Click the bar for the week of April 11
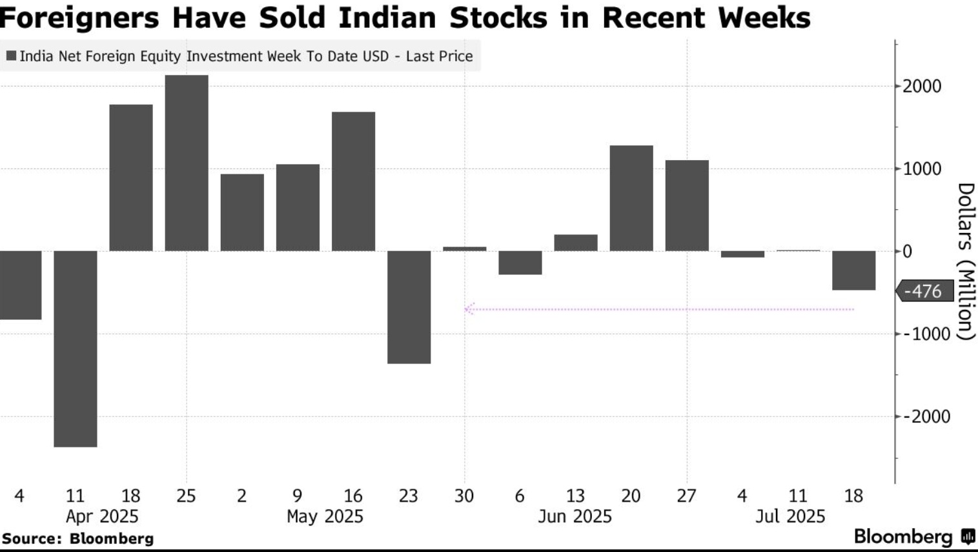coord(76,349)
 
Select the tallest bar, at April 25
coord(187,163)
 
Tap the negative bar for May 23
coord(409,307)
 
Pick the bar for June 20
coord(631,198)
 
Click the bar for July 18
coord(853,271)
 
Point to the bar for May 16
coord(353,181)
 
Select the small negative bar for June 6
coord(520,263)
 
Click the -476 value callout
coord(924,291)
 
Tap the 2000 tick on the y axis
coord(922,86)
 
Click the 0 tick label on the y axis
coord(907,251)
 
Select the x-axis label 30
coord(464,496)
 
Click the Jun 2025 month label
coord(575,516)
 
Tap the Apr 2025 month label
coord(102,516)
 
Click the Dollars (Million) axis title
coord(965,261)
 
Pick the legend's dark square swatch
coord(11,56)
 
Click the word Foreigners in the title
coord(79,17)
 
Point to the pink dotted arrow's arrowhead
coord(469,309)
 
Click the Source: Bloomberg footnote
coord(77,538)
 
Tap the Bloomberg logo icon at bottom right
coord(968,537)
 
